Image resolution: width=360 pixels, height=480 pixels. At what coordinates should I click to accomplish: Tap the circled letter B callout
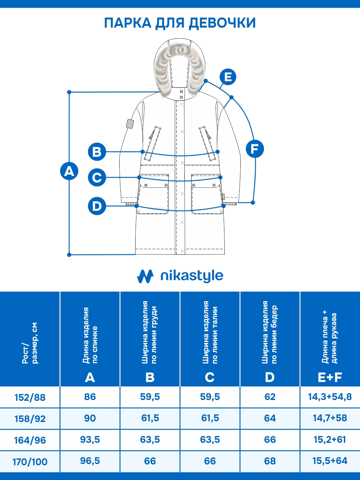click(x=97, y=152)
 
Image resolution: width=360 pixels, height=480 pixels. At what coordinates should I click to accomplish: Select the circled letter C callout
click(x=97, y=177)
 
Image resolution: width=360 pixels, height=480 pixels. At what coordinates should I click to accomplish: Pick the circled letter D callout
click(x=97, y=206)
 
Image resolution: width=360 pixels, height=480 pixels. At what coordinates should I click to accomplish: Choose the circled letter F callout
click(x=255, y=149)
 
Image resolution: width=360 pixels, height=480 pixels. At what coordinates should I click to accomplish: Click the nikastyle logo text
click(x=191, y=276)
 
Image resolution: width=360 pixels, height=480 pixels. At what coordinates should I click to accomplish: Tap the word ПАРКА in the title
click(x=127, y=23)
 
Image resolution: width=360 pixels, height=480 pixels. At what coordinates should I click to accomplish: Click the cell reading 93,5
click(x=90, y=440)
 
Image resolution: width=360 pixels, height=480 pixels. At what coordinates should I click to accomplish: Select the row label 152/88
click(x=30, y=397)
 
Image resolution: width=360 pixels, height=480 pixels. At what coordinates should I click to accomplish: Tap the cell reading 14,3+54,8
click(x=330, y=397)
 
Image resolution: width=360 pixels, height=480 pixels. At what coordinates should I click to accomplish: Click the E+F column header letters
click(x=330, y=377)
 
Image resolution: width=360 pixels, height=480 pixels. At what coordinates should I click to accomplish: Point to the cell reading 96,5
click(x=90, y=461)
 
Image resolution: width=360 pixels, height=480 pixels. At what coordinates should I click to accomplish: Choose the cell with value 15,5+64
click(x=330, y=461)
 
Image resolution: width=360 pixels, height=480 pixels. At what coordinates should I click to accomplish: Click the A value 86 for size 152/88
click(x=90, y=397)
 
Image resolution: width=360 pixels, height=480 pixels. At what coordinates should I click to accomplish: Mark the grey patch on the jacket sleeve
click(x=129, y=124)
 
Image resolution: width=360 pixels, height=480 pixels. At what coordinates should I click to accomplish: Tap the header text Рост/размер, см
click(x=30, y=348)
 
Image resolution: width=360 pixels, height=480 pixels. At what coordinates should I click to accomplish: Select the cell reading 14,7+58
click(x=330, y=418)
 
